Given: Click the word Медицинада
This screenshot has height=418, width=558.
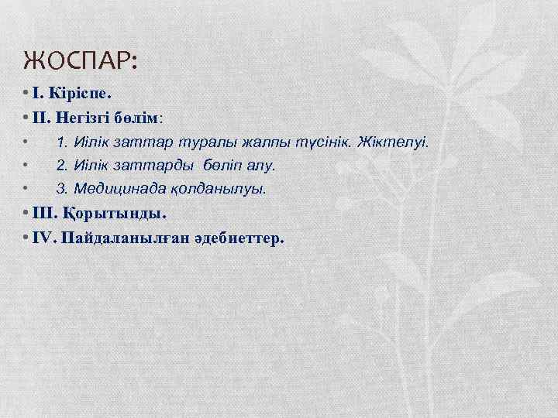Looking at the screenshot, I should coord(108,187).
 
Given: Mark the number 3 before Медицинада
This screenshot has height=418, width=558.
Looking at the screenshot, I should coord(60,187).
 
